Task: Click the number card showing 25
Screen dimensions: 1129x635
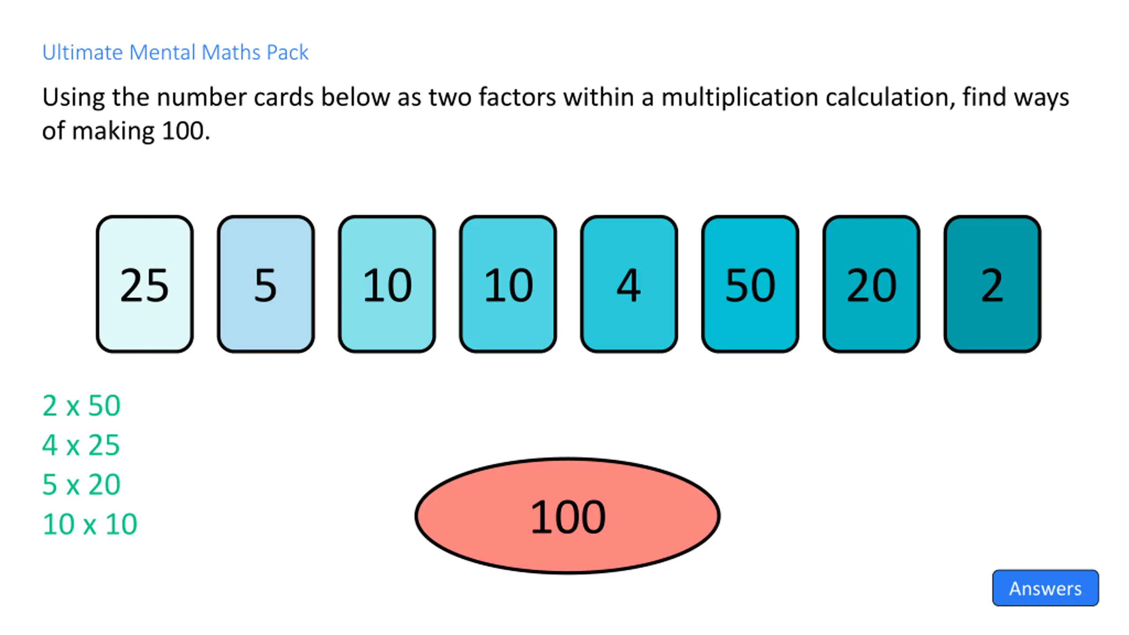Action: [x=145, y=284]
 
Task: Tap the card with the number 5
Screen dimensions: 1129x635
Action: [x=265, y=284]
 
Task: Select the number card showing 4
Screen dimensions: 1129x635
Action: [x=629, y=284]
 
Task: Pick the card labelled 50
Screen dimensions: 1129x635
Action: [x=750, y=284]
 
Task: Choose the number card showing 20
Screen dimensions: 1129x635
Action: [x=871, y=284]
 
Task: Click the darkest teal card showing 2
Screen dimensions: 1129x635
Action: [x=992, y=284]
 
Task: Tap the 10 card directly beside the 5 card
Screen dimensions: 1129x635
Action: [x=387, y=284]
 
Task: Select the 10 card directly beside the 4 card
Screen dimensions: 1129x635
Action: [x=508, y=284]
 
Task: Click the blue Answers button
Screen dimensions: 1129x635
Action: [x=1045, y=588]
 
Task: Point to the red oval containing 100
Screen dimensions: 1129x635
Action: [x=568, y=516]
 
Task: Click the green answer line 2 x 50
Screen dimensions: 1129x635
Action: [x=81, y=405]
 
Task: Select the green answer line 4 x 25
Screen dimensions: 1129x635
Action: [x=81, y=444]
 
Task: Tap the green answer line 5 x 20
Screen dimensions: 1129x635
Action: [x=81, y=484]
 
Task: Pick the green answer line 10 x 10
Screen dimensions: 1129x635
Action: [x=90, y=524]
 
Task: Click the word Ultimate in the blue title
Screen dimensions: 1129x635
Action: [x=82, y=52]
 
